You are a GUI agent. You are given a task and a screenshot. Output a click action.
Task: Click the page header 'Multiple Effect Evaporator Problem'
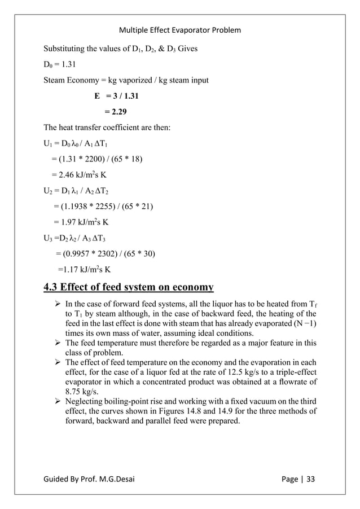180,29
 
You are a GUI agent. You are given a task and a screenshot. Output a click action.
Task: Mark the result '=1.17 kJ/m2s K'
85,269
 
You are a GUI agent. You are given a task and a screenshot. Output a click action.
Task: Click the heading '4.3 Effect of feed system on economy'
129,288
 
